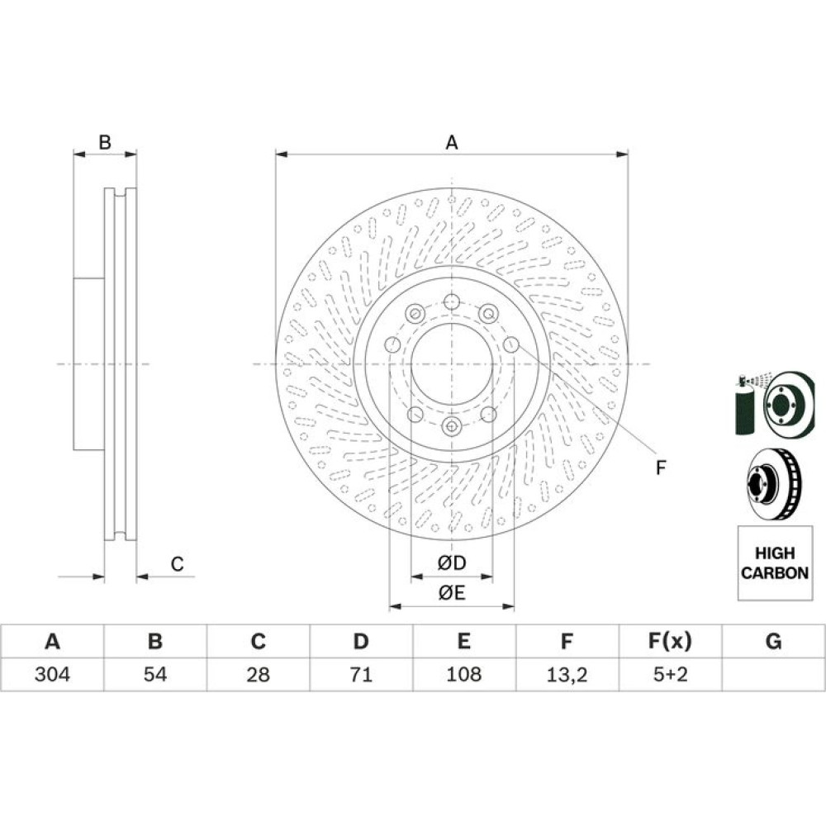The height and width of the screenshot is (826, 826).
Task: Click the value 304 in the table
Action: click(x=52, y=674)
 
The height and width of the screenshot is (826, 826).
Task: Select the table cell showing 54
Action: click(x=155, y=674)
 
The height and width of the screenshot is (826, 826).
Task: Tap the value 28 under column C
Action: click(x=258, y=674)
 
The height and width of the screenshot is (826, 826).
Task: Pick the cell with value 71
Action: click(x=361, y=674)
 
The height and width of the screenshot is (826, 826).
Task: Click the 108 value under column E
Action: click(x=463, y=674)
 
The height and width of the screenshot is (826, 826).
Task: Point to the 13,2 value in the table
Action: click(x=567, y=674)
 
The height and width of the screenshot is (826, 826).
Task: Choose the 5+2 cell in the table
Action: click(x=670, y=674)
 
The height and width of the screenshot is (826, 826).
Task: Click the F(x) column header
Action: click(x=670, y=641)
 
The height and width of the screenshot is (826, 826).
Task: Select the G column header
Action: click(x=773, y=641)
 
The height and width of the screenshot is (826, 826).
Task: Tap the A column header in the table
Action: click(x=52, y=641)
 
